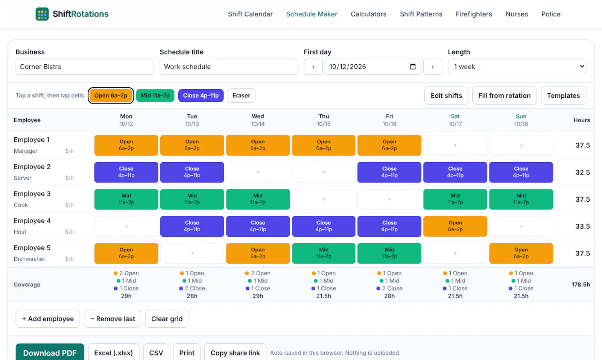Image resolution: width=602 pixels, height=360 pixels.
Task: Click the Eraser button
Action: click(241, 96)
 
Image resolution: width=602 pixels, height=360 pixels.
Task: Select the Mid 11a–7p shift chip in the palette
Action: click(155, 96)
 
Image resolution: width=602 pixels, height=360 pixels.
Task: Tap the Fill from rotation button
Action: click(504, 96)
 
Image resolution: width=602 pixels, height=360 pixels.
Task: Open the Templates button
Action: click(563, 96)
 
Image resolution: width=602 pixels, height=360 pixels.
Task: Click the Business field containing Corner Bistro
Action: click(85, 67)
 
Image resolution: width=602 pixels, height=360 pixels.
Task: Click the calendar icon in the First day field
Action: click(413, 66)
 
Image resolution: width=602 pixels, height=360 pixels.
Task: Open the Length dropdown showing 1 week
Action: click(517, 66)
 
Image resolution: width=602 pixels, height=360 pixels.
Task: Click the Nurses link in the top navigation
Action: click(517, 14)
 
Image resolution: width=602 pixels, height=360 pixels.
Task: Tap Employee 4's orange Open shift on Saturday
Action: click(455, 226)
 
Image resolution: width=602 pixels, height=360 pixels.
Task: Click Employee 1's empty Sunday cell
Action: click(521, 145)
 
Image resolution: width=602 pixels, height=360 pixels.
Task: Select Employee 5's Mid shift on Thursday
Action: click(324, 253)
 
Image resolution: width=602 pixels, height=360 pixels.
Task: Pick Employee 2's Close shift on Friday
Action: click(389, 172)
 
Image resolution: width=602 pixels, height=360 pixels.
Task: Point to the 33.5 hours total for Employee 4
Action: click(582, 226)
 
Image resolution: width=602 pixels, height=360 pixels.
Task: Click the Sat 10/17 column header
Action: click(455, 120)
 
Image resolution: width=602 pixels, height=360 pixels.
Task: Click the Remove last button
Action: click(112, 319)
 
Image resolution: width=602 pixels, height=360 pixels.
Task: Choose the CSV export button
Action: click(156, 352)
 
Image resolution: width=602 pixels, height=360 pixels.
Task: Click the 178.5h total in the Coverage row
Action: click(581, 284)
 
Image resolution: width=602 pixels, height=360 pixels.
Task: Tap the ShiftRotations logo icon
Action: click(42, 14)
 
